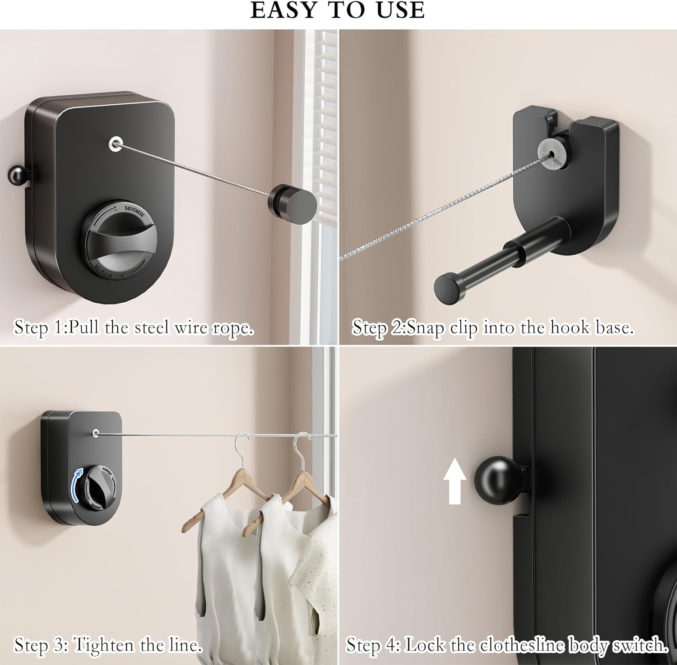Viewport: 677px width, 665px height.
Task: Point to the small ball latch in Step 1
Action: tap(17, 175)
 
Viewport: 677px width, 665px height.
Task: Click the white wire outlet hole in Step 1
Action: tap(116, 143)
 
